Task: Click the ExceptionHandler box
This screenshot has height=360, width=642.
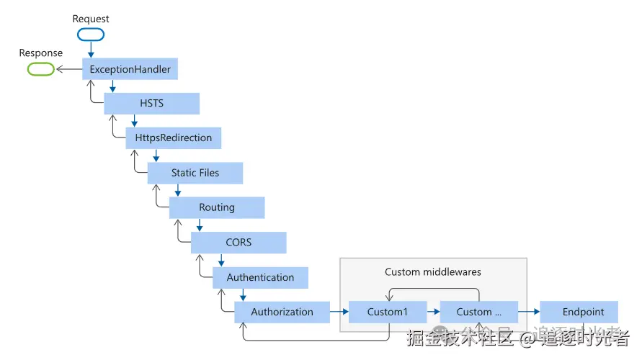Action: tap(130, 68)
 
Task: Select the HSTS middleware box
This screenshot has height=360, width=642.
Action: tap(151, 104)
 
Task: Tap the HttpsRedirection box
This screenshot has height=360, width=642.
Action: tap(173, 138)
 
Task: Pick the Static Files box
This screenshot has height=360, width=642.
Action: tap(195, 173)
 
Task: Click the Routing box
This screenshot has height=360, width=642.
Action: tap(217, 207)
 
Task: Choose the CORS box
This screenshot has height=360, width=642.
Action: tap(238, 243)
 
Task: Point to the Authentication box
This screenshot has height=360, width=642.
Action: tap(260, 277)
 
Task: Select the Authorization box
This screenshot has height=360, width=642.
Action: tap(282, 312)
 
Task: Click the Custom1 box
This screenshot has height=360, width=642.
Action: tap(388, 312)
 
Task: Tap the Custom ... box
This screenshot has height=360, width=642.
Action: tap(478, 312)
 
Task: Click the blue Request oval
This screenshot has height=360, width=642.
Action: tap(91, 35)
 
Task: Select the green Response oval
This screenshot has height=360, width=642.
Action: tap(41, 69)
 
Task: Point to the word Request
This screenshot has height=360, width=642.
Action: tap(91, 19)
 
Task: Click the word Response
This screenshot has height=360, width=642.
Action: tap(41, 53)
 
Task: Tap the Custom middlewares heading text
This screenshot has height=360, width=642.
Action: tap(433, 272)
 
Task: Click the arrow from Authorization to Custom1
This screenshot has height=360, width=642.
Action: tap(339, 312)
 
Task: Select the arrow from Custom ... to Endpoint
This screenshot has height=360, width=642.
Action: tap(529, 312)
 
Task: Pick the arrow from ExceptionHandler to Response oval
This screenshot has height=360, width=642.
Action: tap(69, 69)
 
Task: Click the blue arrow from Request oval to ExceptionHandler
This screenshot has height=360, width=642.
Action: tap(91, 50)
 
